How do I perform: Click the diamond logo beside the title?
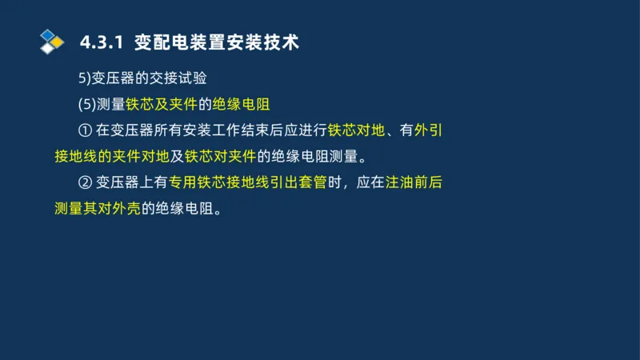pos(51,42)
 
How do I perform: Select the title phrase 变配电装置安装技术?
pos(217,42)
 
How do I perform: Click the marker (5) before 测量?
pos(86,105)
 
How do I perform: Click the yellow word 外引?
pos(430,130)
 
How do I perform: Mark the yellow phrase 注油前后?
pos(414,182)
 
